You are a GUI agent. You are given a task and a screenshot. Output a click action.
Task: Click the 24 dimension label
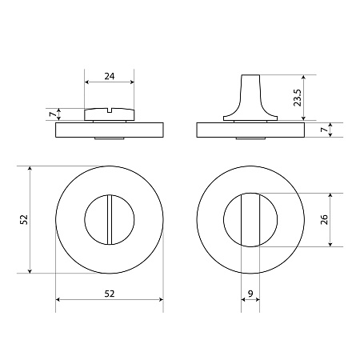[x=110, y=76]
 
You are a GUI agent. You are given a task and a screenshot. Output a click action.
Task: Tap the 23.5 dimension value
[x=298, y=98]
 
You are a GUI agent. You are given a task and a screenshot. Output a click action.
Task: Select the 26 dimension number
[x=324, y=219]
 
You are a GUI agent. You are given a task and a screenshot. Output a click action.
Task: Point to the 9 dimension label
[x=250, y=294]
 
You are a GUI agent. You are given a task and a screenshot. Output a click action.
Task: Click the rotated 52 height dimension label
[x=24, y=219]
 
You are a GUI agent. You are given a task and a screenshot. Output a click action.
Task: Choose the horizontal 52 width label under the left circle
[x=110, y=294]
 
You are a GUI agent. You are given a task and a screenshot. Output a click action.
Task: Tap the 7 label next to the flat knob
[x=53, y=114]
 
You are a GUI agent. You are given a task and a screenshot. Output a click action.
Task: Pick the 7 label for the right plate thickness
[x=324, y=130]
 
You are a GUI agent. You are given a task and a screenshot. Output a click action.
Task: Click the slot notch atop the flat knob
[x=110, y=110]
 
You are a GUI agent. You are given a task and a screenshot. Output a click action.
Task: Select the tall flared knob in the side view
[x=250, y=98]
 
